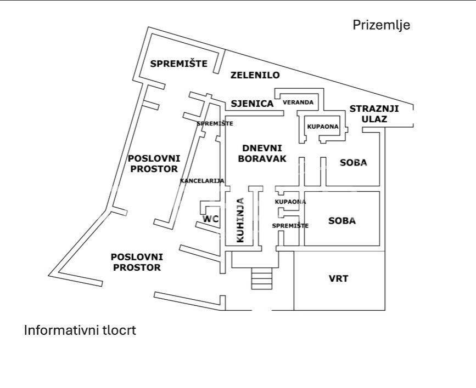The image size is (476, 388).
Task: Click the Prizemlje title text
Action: tap(381, 25)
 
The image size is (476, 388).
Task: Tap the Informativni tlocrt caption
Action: tap(80, 330)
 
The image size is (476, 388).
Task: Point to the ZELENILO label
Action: tap(255, 75)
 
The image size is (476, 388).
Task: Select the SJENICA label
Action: tap(252, 103)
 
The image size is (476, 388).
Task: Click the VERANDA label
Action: tap(298, 102)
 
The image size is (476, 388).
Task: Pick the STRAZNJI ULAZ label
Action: tap(375, 113)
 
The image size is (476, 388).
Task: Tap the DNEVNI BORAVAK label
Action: tap(262, 153)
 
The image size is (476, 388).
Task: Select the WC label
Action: tap(211, 219)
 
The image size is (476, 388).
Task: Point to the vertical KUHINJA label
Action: tap(240, 220)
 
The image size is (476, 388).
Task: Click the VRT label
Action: tap(338, 278)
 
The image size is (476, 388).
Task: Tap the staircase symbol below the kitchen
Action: tap(262, 279)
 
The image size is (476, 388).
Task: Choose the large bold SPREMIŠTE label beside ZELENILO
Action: tap(179, 64)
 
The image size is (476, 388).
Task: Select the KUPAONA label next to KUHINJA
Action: tap(290, 202)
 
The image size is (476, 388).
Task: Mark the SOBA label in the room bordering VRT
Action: tap(342, 221)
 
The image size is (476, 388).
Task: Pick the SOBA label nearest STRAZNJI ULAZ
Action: tap(353, 163)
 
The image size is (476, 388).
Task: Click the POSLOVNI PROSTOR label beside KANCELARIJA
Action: tap(154, 163)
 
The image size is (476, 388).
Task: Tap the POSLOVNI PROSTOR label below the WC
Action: tap(136, 262)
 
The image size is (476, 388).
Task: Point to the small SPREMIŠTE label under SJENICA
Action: tap(215, 124)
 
